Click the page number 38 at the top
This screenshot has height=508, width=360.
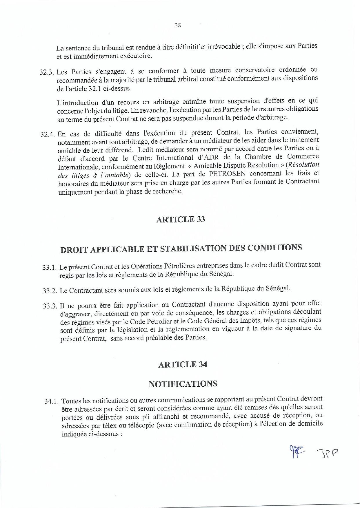[178, 25]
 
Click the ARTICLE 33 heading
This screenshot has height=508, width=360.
[181, 220]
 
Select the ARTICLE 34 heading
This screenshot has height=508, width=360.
[183, 364]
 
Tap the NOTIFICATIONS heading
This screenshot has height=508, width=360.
[183, 384]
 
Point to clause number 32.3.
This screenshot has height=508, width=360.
[48, 72]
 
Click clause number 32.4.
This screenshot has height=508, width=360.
[48, 134]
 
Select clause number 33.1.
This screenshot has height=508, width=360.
[50, 268]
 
